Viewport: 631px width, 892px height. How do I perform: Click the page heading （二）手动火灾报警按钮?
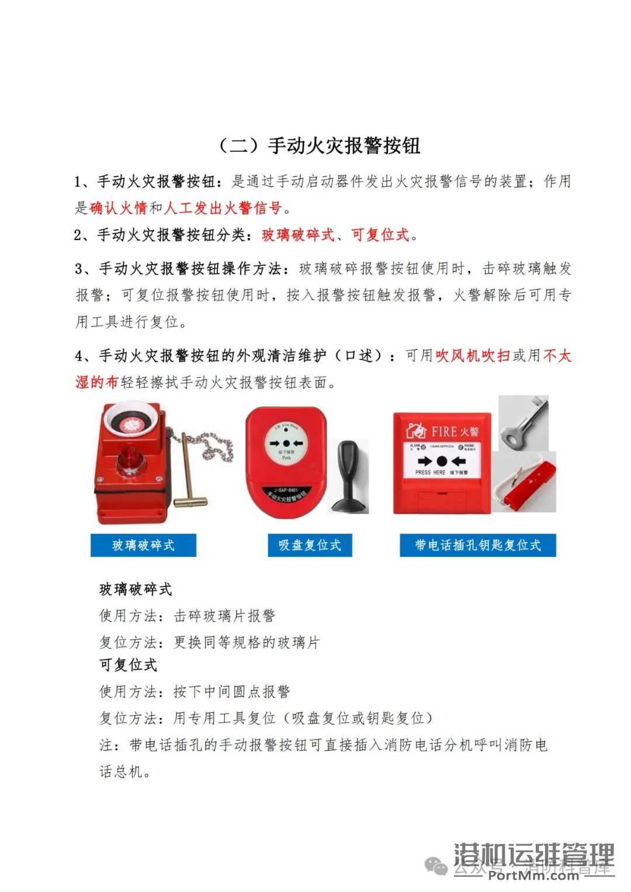(319, 145)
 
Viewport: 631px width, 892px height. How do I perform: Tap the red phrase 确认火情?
(118, 208)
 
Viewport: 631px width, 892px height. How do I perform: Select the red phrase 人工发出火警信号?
(223, 208)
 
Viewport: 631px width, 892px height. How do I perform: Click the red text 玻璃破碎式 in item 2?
(298, 235)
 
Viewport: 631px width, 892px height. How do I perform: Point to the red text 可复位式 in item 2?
(380, 235)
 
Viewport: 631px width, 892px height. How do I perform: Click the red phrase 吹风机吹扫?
(473, 356)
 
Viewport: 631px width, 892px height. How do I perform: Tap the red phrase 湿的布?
(97, 382)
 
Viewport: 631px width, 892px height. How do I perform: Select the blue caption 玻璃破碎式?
(143, 545)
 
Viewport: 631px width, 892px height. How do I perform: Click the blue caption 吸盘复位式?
(310, 545)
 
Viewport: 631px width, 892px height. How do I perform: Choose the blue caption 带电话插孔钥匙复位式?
(477, 545)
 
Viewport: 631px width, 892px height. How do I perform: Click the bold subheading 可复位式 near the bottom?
(128, 665)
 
